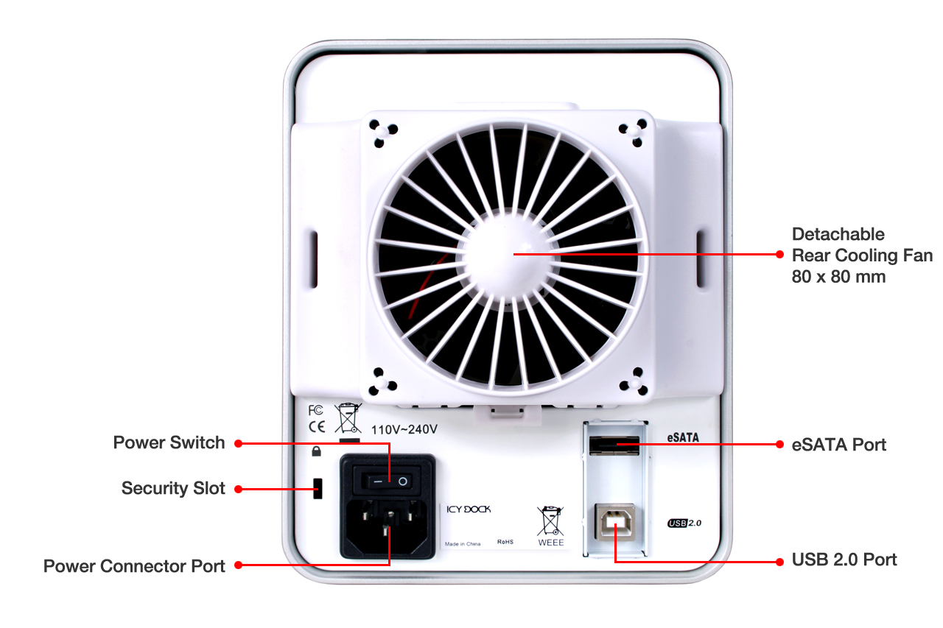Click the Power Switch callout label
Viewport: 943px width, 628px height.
click(x=169, y=442)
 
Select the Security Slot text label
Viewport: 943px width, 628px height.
click(x=173, y=488)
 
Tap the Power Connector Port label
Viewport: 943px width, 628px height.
click(x=134, y=566)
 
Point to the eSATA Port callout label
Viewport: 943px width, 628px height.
click(x=838, y=445)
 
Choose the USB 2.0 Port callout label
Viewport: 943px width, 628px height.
click(x=844, y=560)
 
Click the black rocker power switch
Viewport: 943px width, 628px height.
click(x=387, y=480)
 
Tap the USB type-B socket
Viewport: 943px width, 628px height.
click(x=615, y=523)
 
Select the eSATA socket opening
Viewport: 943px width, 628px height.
click(x=614, y=445)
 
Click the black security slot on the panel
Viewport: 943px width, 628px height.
click(x=318, y=488)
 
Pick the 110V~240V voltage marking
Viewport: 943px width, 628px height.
click(x=404, y=429)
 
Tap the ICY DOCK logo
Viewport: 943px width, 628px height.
click(x=469, y=509)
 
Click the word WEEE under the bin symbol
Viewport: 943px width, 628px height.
click(x=550, y=543)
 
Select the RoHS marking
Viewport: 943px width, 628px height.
click(x=505, y=542)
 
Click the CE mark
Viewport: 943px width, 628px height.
click(x=317, y=427)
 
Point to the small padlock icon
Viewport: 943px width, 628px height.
click(x=316, y=451)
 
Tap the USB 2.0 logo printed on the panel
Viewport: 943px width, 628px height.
click(x=684, y=523)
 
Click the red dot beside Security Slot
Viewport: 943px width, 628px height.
click(x=238, y=489)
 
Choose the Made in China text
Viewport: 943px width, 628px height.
click(x=463, y=544)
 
